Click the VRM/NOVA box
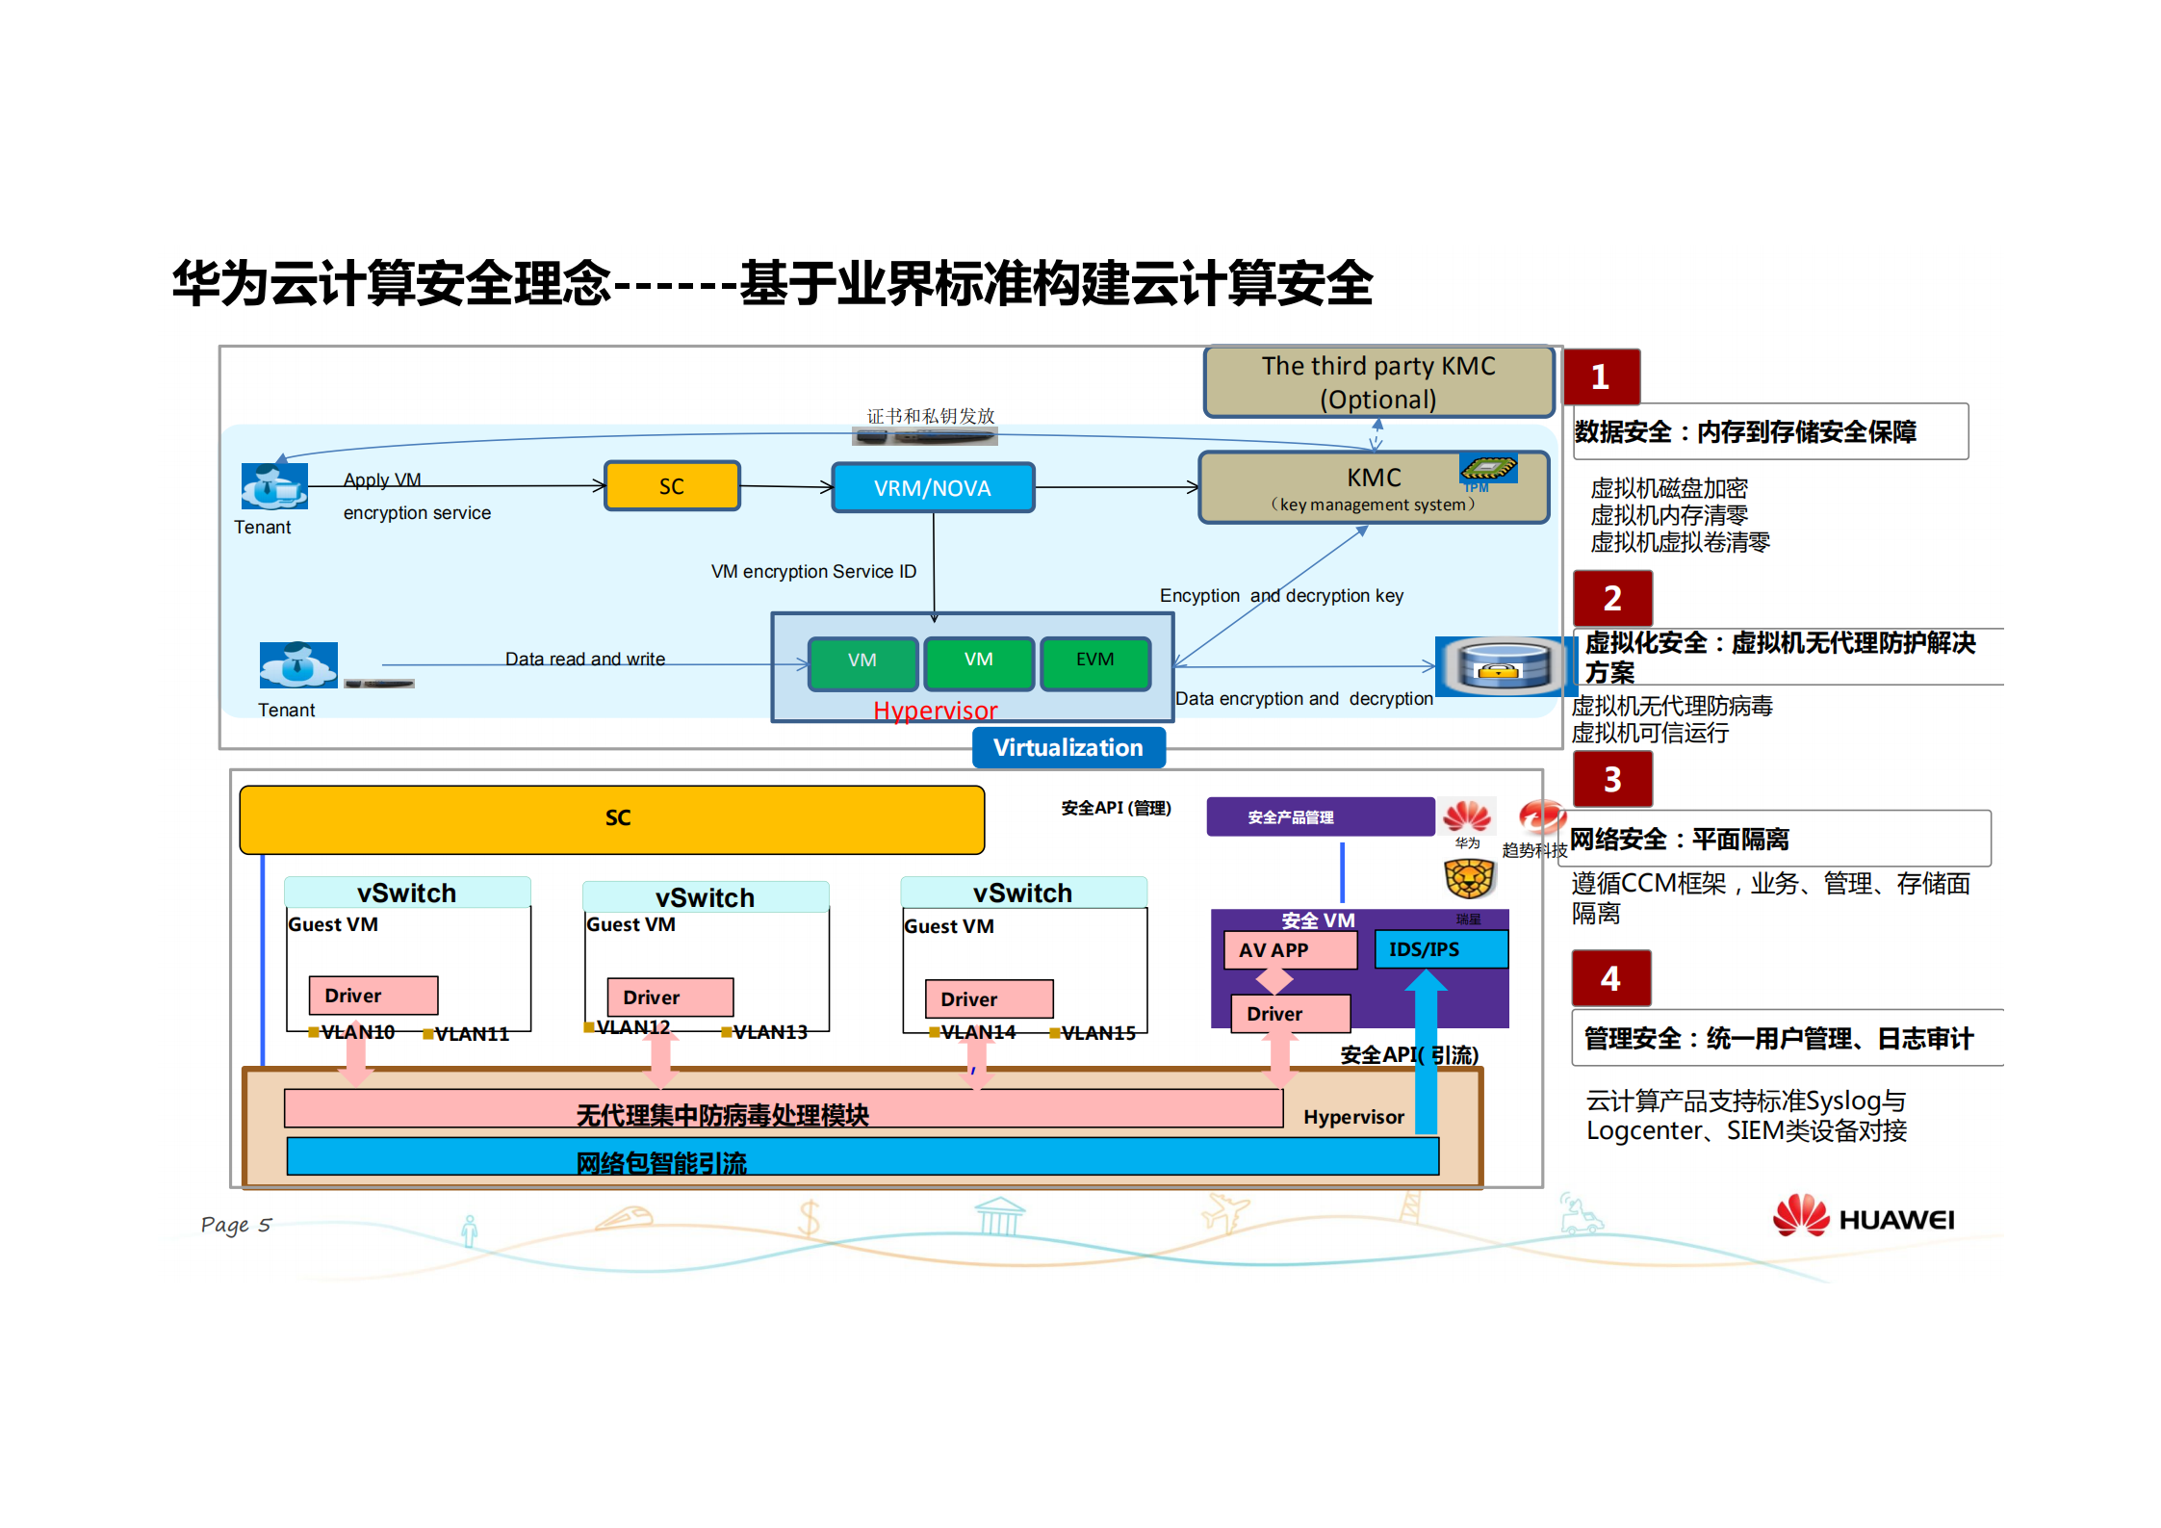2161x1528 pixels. point(932,487)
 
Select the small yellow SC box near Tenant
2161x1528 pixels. point(672,486)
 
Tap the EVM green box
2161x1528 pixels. point(1094,660)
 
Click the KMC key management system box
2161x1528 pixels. point(1373,487)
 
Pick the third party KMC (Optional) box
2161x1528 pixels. point(1378,382)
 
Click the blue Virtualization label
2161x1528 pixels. point(1068,747)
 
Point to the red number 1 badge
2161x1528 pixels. point(1601,376)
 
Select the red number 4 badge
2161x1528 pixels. point(1610,978)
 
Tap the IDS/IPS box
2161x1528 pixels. point(1439,949)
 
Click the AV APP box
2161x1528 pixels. point(1289,949)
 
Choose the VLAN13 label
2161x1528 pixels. point(770,1032)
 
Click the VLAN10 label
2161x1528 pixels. point(357,1032)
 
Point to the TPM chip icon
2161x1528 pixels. point(1487,469)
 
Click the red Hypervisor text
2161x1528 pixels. point(935,711)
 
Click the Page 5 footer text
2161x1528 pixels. point(236,1225)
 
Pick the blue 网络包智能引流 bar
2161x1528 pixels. point(862,1157)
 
